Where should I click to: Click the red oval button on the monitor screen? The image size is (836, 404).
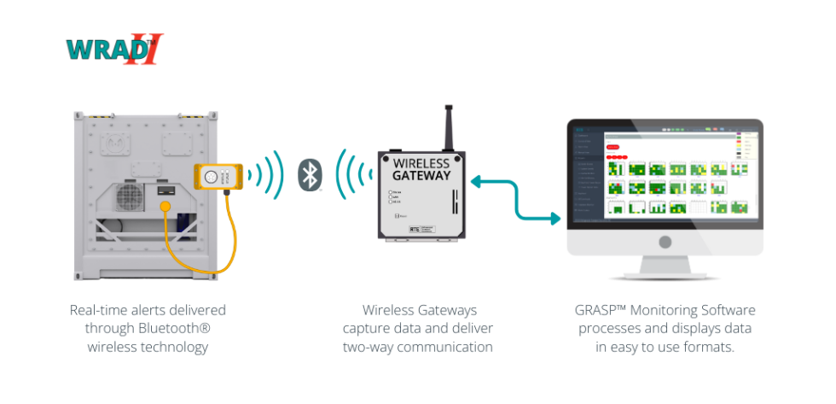[x=612, y=147]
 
